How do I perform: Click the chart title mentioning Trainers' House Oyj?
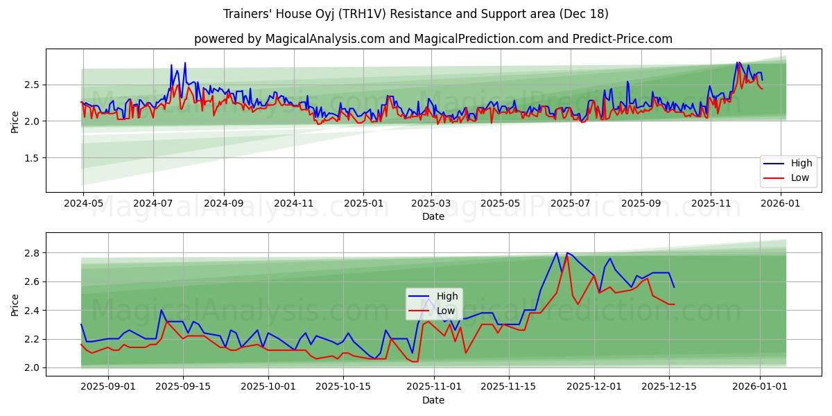(416, 14)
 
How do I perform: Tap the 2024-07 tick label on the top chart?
(153, 204)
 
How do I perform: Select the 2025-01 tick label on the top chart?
(363, 204)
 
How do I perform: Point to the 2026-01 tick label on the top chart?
(781, 204)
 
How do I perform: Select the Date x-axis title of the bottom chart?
(433, 401)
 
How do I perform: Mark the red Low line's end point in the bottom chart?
(674, 304)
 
